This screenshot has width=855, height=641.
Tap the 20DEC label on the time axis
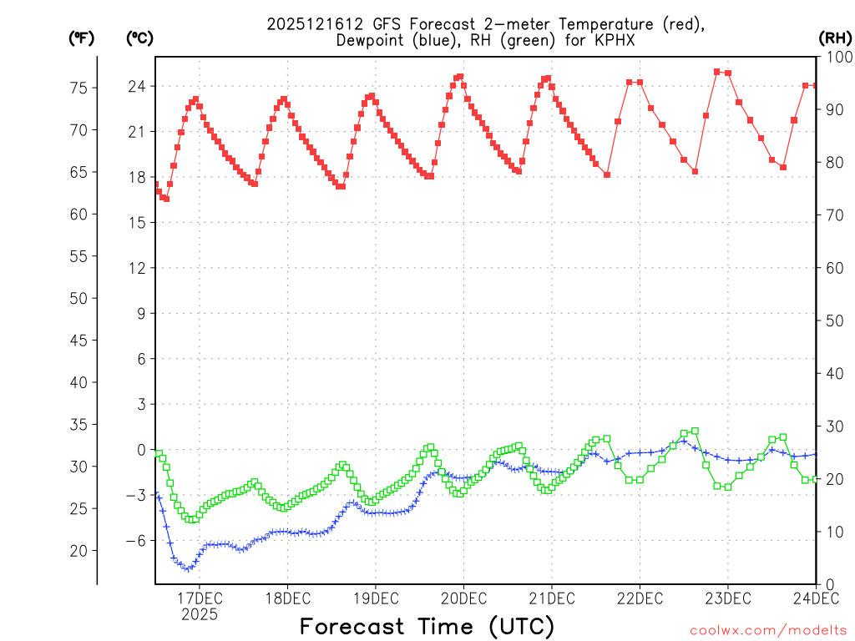(x=463, y=598)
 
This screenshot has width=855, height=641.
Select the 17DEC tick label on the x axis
(x=200, y=598)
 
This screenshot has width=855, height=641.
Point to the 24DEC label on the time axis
(x=815, y=598)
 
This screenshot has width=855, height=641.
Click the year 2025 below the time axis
(x=200, y=614)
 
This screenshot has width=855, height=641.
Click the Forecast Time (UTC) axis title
(x=427, y=626)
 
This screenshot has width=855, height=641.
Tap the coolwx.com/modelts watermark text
(x=768, y=631)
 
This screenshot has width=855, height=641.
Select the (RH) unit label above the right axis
(x=834, y=38)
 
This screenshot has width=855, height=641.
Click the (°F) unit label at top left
(x=81, y=38)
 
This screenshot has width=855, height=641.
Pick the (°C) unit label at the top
(x=139, y=38)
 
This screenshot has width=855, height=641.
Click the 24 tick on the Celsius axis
(x=138, y=86)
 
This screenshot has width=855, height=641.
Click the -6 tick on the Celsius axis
(x=134, y=540)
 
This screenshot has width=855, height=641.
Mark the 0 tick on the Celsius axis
(x=141, y=450)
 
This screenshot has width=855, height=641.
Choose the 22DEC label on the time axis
(x=640, y=598)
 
